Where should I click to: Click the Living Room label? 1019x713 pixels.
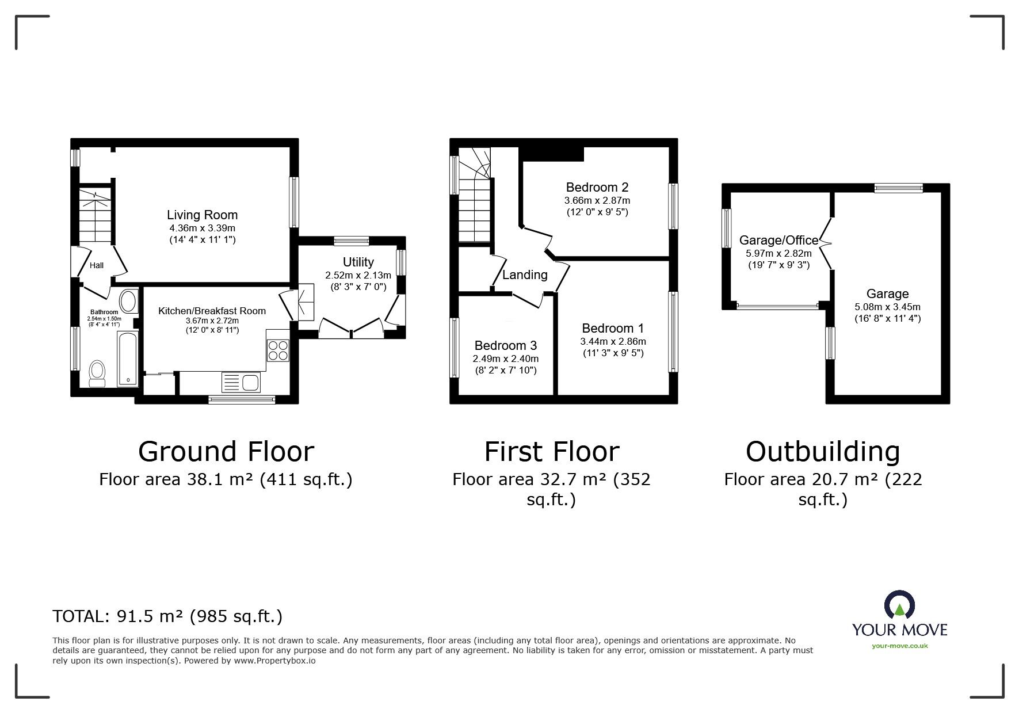202,215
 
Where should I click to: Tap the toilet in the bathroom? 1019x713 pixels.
97,373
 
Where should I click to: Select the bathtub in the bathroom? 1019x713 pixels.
127,358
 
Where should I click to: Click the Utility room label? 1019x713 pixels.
358,262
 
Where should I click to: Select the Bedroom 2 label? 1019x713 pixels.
597,187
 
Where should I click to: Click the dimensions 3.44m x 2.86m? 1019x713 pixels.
612,341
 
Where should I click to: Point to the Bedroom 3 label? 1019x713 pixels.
505,345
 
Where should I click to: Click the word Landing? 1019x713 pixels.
524,275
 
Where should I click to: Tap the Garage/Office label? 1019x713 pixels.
778,241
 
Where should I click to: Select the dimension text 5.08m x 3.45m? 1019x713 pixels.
887,307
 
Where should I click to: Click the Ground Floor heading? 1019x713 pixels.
226,452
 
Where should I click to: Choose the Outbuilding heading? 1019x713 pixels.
822,452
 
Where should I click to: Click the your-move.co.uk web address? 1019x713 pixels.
899,646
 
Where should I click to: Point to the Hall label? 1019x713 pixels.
97,265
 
